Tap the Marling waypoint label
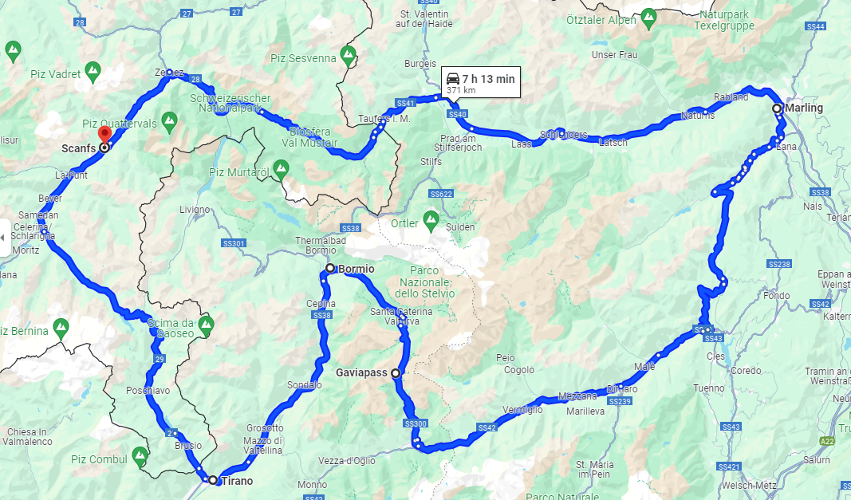coord(804,108)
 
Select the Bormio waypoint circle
coord(330,268)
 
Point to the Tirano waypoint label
coord(237,480)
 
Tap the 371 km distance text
coord(461,91)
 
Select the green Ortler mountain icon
coord(431,217)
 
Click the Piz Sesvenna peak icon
coord(348,55)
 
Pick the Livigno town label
coord(195,210)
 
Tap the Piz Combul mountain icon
coord(140,455)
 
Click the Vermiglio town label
coord(522,410)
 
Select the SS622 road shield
coord(440,194)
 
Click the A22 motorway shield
coord(827,439)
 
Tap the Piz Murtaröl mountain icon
coord(280,167)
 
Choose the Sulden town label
coord(461,227)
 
